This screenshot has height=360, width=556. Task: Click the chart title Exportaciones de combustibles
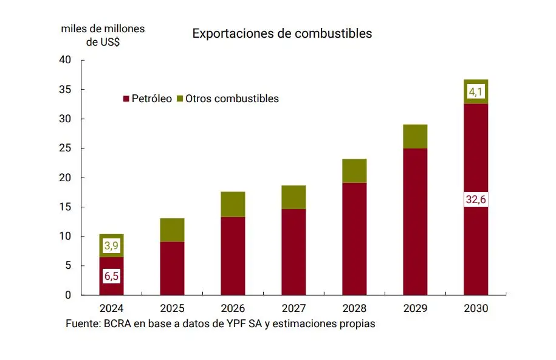pos(282,33)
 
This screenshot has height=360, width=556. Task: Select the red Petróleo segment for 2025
pos(172,268)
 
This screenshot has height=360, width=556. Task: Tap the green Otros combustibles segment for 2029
pos(415,136)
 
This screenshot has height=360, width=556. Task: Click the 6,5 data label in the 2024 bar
pos(111,276)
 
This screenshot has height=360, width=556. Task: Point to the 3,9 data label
pos(111,246)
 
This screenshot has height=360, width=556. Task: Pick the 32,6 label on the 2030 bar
pos(476,199)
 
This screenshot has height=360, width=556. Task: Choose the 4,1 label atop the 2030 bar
pos(476,92)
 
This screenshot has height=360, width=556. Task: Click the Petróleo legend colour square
pos(126,99)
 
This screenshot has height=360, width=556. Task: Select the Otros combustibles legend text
pos(232,99)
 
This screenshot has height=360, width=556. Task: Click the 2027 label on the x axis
pos(293,308)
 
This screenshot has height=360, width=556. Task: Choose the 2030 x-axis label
pos(476,308)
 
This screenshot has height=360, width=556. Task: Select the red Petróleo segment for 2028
pos(354,238)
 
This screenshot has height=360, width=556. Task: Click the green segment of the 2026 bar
pos(233,204)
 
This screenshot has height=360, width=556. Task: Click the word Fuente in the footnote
pos(83,324)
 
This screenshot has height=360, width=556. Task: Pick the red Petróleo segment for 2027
pos(293,252)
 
